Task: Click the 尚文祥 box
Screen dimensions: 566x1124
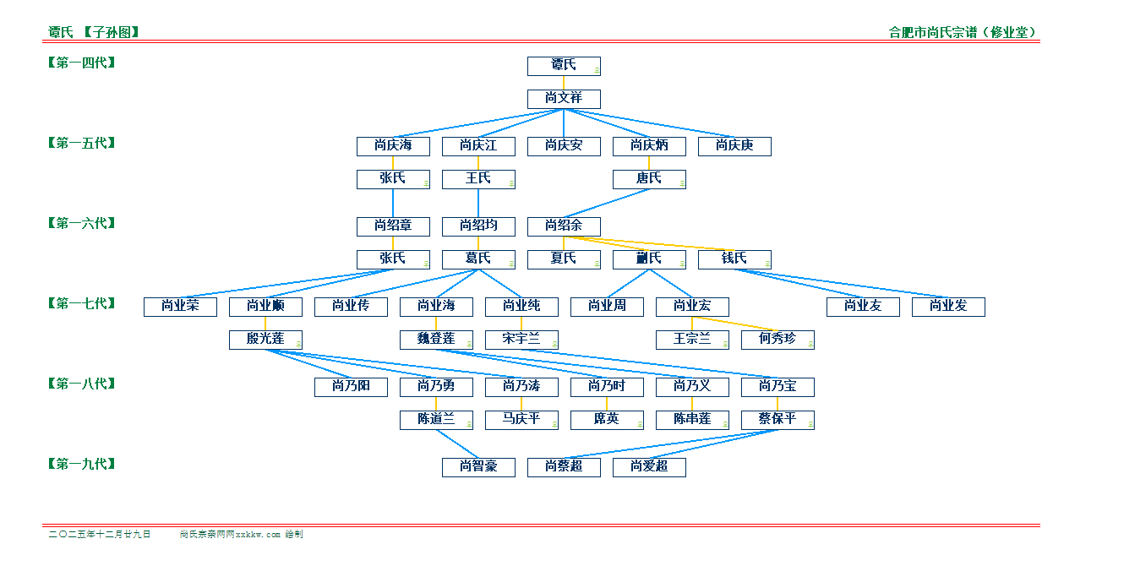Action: coord(564,98)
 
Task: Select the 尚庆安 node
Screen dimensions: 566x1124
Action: coord(564,145)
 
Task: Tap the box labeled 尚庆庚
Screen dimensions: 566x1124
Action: coord(734,145)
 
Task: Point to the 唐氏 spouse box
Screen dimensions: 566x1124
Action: coord(649,178)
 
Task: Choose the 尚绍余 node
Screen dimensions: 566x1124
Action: coord(564,226)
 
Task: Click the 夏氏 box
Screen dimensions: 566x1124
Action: coord(564,259)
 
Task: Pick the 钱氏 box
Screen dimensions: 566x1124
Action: coord(734,259)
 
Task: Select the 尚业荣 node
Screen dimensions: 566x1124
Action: coord(180,306)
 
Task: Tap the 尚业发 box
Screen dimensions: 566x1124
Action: coord(948,306)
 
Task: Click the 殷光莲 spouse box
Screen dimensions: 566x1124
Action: coord(265,339)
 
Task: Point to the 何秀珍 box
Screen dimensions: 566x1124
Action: coord(778,339)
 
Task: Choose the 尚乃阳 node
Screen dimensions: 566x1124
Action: coord(351,386)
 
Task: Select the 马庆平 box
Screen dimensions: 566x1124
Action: coord(521,419)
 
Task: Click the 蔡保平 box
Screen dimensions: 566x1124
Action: coord(778,419)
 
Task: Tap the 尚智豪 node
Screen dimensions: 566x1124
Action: coord(478,466)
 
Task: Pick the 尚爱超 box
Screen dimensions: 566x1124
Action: coord(649,466)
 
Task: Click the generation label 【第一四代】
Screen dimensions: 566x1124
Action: coord(81,63)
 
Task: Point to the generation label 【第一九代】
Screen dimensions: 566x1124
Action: coord(81,464)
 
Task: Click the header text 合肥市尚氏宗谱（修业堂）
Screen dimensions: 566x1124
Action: coord(963,33)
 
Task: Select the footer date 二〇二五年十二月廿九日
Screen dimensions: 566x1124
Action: coord(100,535)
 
